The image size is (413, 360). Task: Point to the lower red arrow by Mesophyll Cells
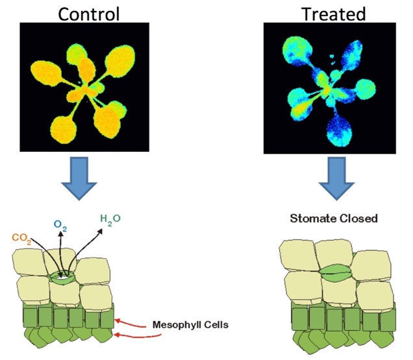click(x=130, y=333)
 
